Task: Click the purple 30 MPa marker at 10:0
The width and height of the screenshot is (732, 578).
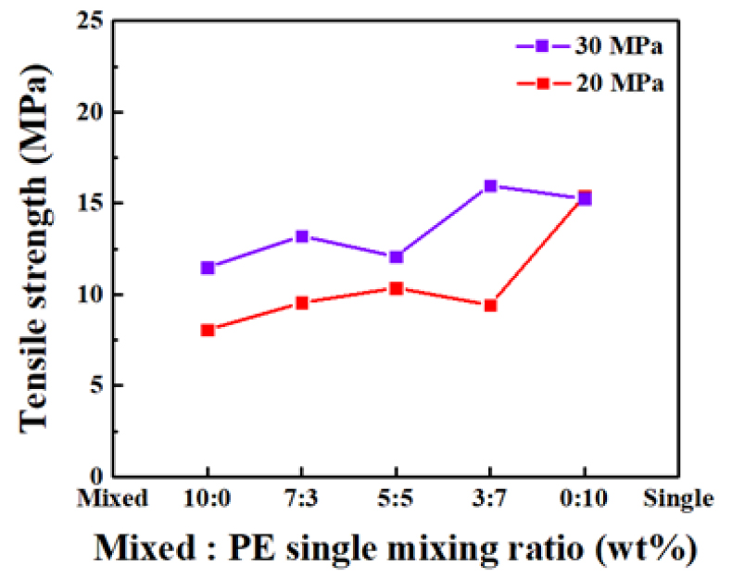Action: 208,268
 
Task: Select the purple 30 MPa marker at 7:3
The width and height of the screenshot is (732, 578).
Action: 301,236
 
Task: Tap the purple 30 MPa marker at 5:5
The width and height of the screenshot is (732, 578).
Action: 396,257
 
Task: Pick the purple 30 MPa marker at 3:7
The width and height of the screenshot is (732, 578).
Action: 490,186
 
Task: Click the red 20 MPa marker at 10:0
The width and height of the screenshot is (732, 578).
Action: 208,330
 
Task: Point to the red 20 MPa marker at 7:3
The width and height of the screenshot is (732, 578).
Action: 301,303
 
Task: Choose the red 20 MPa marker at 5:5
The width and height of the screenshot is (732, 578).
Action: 396,288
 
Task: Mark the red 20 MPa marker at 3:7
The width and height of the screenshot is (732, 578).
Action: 490,305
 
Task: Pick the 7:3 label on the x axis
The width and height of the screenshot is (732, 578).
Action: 301,499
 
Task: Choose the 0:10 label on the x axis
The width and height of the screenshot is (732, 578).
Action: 584,499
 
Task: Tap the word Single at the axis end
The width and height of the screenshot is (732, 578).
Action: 679,499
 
